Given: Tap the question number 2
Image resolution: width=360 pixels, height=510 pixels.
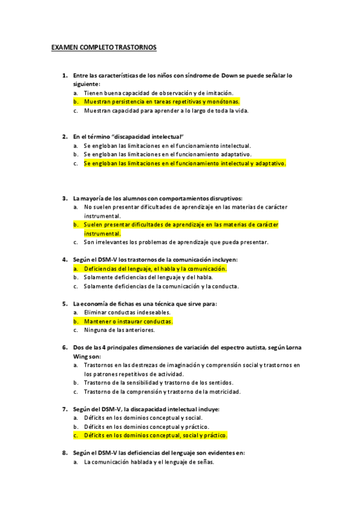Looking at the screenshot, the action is coord(64,137).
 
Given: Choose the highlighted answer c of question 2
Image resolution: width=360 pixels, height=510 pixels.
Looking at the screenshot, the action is coord(185,162).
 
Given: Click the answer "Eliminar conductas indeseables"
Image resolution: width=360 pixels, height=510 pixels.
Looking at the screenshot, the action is coord(127,312).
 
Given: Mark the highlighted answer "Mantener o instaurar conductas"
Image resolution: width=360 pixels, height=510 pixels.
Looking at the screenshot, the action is coord(128,321).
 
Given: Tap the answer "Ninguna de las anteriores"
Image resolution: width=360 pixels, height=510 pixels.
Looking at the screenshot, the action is coord(120,330).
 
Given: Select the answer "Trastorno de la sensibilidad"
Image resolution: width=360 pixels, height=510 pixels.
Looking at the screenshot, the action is coord(159,382).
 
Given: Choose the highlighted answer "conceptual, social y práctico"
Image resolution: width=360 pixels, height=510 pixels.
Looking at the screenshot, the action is coord(156,435).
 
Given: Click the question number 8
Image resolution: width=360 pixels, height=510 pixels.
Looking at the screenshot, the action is coord(64,453).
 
